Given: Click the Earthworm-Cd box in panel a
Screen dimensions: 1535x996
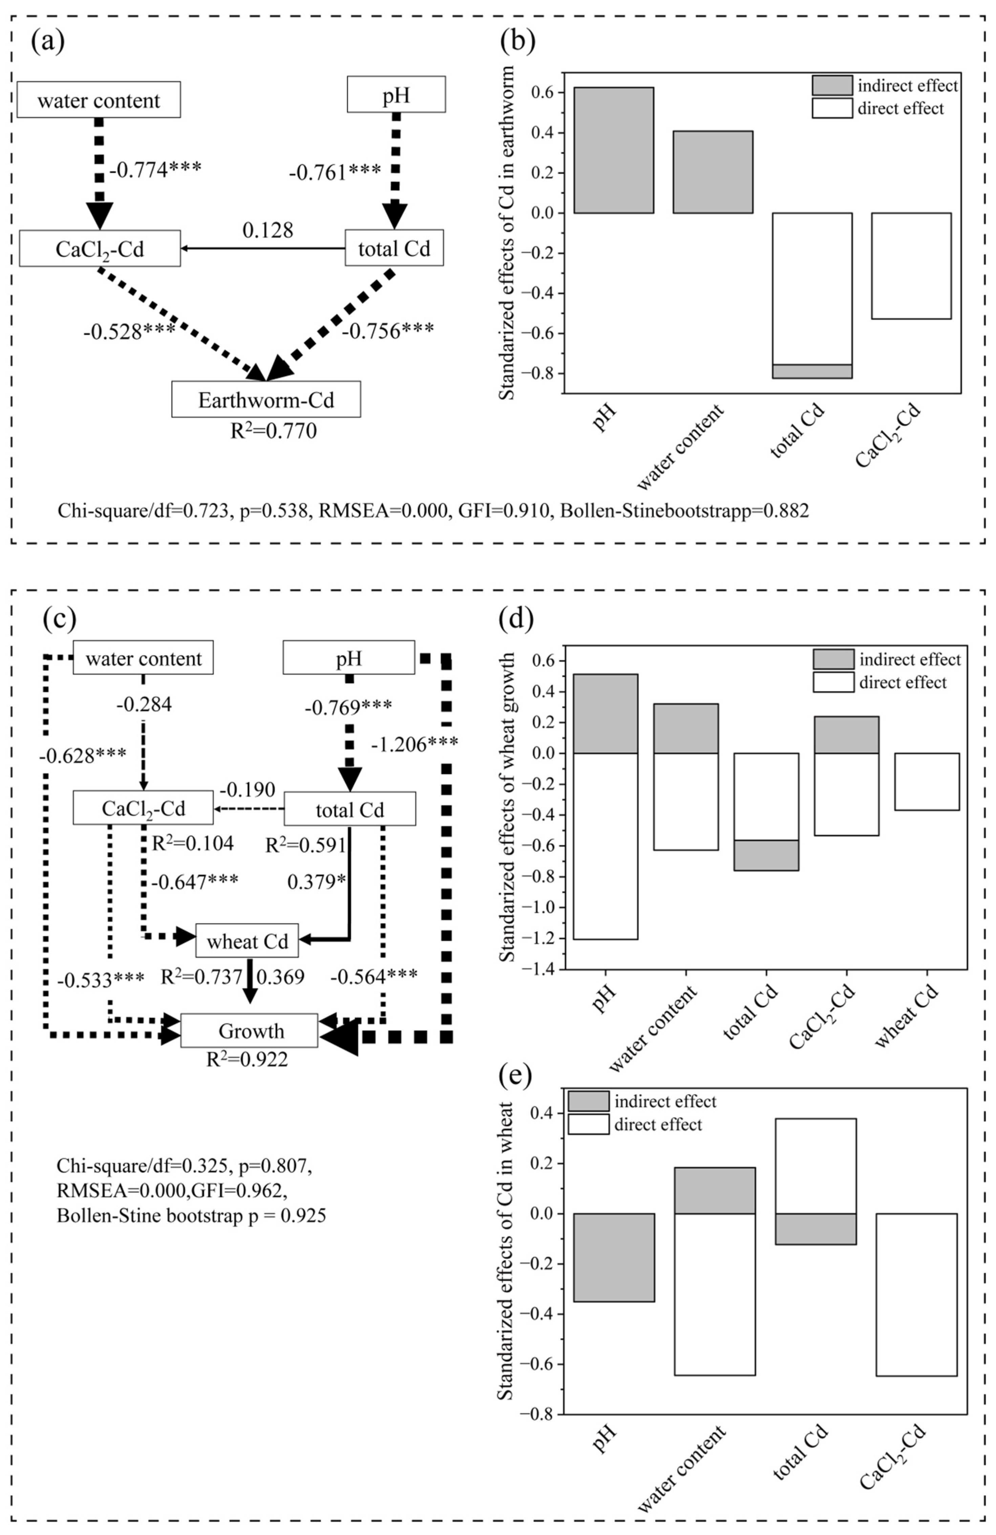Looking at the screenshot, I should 266,400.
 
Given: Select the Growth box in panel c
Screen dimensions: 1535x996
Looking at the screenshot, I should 250,1031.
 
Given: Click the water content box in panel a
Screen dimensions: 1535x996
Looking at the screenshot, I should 99,100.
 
